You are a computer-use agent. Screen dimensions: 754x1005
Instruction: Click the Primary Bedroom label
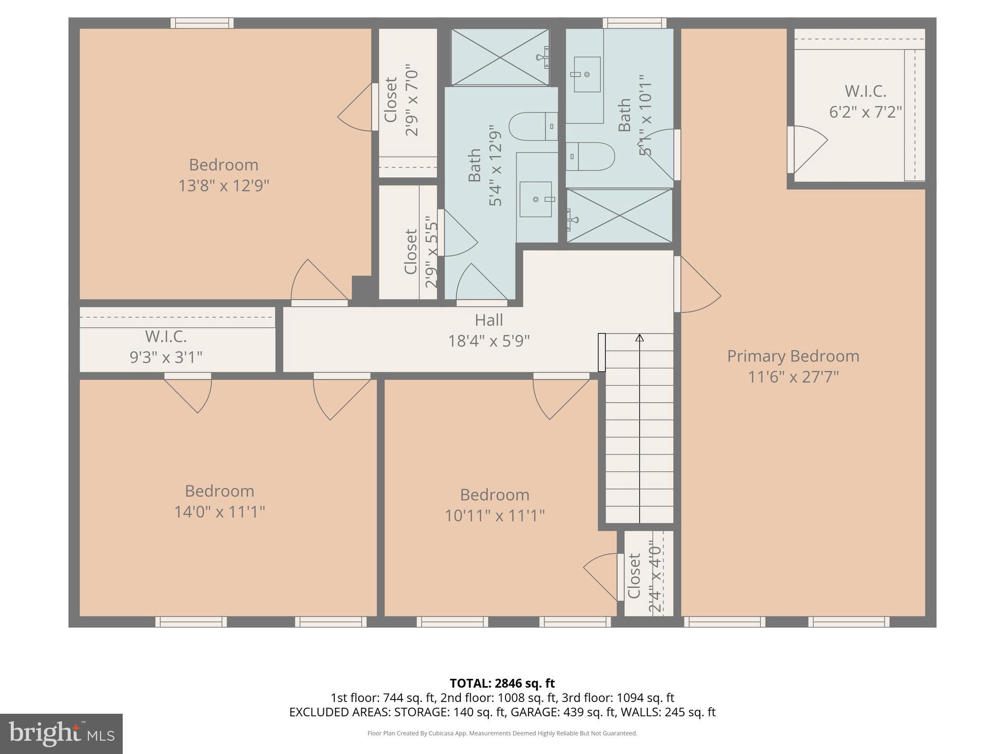(x=793, y=356)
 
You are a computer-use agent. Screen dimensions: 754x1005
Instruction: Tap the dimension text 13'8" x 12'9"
(x=224, y=186)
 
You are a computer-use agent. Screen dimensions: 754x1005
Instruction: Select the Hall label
(x=489, y=320)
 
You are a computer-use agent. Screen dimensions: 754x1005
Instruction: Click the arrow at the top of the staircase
(x=639, y=338)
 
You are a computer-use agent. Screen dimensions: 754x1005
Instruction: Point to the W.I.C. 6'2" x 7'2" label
(x=865, y=102)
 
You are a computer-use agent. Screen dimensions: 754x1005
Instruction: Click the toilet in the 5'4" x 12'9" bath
(x=532, y=127)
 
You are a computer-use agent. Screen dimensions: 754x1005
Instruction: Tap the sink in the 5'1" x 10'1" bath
(x=587, y=75)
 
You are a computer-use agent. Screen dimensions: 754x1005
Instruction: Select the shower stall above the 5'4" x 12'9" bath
(x=500, y=57)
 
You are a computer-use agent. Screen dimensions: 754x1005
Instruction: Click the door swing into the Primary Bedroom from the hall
(x=698, y=285)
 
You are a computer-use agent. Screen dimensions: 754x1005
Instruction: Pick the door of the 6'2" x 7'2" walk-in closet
(x=807, y=149)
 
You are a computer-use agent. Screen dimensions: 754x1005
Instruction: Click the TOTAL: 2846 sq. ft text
(x=502, y=683)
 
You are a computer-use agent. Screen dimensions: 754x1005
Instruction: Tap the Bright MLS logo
(x=61, y=734)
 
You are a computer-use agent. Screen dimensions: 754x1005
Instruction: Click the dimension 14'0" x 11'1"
(x=219, y=512)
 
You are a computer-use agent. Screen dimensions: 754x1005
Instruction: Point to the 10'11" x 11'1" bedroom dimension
(x=495, y=516)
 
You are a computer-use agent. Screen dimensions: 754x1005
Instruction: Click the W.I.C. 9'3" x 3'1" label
(x=166, y=347)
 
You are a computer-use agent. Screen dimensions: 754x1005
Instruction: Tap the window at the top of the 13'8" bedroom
(x=202, y=23)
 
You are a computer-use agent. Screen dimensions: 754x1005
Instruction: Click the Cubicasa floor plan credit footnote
(x=502, y=733)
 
